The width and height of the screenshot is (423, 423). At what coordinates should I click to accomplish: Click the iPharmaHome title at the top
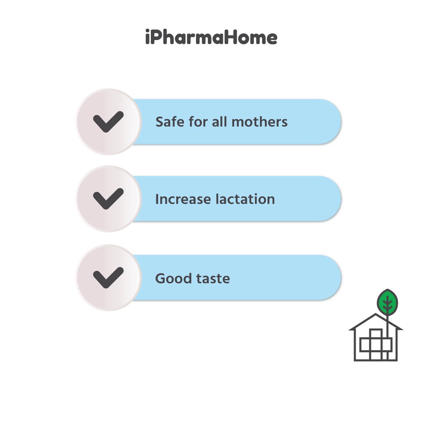(211, 37)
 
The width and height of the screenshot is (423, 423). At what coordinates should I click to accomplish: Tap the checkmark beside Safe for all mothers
(108, 122)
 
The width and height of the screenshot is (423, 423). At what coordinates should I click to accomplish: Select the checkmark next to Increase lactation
(108, 199)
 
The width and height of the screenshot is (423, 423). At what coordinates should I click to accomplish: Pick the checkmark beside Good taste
(108, 278)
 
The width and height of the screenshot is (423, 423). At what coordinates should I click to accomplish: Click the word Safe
(170, 122)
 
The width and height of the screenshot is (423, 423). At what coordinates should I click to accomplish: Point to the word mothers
(259, 122)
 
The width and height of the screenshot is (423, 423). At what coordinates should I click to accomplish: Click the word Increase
(183, 199)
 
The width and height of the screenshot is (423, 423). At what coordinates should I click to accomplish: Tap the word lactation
(245, 199)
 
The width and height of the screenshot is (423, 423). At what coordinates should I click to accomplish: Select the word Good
(173, 278)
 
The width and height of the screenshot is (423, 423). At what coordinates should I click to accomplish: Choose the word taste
(213, 278)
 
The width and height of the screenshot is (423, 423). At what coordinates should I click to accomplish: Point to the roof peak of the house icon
(375, 314)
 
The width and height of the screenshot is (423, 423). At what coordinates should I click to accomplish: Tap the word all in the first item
(219, 122)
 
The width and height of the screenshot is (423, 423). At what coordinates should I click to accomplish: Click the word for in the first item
(198, 122)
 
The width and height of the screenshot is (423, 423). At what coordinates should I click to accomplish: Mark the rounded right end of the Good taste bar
(340, 277)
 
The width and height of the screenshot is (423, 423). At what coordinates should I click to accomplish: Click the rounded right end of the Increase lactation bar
(340, 199)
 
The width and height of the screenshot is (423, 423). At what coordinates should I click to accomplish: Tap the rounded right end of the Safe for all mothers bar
(340, 122)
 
